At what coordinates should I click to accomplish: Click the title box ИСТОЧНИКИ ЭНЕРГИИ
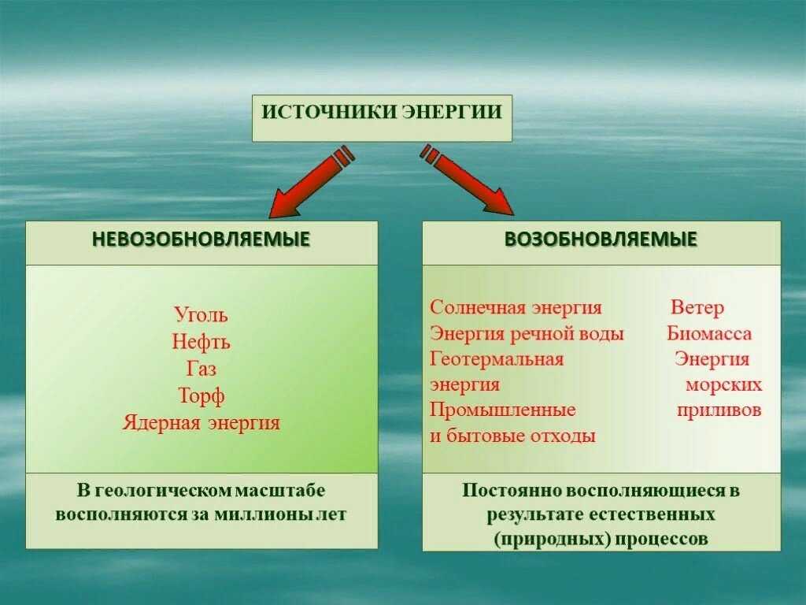pyautogui.click(x=382, y=118)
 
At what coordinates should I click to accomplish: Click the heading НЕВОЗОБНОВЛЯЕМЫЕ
pyautogui.click(x=201, y=239)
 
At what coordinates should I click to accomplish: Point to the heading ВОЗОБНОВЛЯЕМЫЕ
pyautogui.click(x=601, y=239)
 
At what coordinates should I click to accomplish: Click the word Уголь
pyautogui.click(x=201, y=314)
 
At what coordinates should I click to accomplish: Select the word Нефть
pyautogui.click(x=201, y=342)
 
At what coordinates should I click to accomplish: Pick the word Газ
pyautogui.click(x=201, y=369)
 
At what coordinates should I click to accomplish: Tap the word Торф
pyautogui.click(x=201, y=396)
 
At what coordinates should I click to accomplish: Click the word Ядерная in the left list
pyautogui.click(x=161, y=422)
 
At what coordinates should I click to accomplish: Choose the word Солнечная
pyautogui.click(x=478, y=307)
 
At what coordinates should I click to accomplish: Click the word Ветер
pyautogui.click(x=697, y=308)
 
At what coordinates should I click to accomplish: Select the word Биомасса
pyautogui.click(x=709, y=333)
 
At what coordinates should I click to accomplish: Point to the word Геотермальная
pyautogui.click(x=497, y=358)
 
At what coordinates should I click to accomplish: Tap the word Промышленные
pyautogui.click(x=503, y=410)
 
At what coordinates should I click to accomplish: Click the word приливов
pyautogui.click(x=719, y=410)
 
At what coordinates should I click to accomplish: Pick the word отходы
pyautogui.click(x=563, y=436)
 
